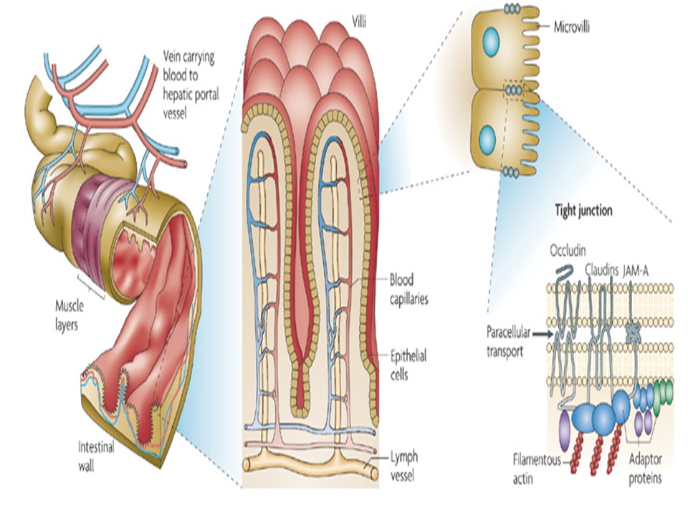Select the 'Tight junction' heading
[583, 211]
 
